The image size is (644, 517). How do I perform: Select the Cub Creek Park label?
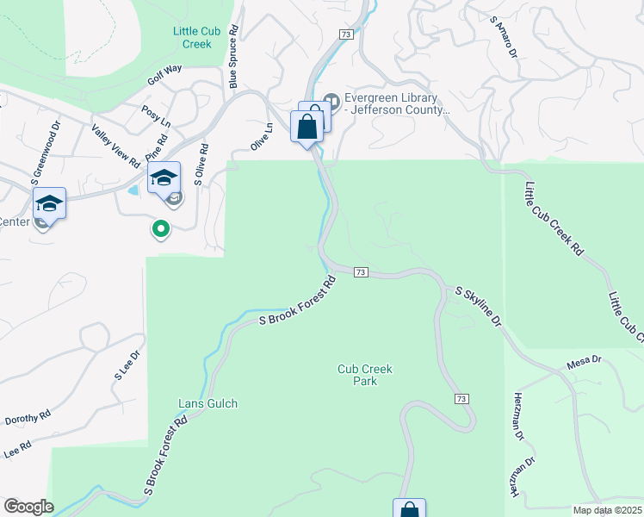coord(364,375)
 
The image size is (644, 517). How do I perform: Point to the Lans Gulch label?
coord(207,403)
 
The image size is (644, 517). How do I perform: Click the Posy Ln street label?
coord(156,116)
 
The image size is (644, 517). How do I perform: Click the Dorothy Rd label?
coord(28,419)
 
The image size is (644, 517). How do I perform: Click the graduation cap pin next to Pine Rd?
coord(164,178)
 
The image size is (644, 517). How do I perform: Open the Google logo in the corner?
coord(28,507)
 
